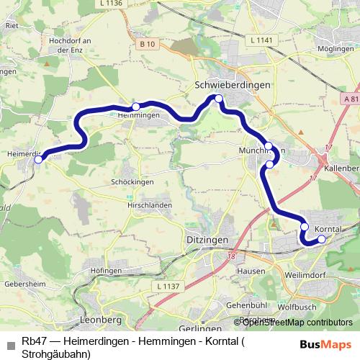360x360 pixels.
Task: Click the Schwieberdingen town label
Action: [233, 85]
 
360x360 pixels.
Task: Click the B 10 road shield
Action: [148, 44]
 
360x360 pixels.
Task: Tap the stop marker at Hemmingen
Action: [135, 106]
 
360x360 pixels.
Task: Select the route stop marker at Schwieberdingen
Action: [217, 99]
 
